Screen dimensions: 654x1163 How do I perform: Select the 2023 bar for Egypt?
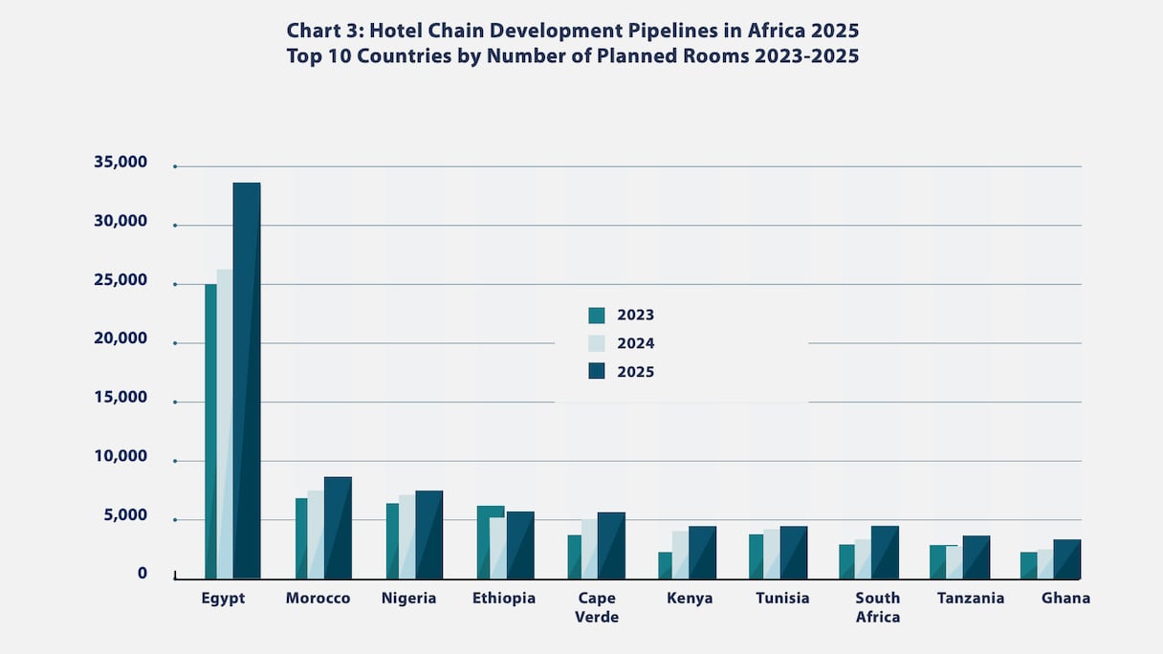click(210, 430)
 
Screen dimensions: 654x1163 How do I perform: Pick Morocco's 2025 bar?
click(338, 528)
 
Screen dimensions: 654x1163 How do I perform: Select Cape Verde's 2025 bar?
click(611, 545)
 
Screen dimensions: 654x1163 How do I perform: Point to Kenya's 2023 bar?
click(665, 565)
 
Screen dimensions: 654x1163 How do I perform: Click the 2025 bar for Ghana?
click(1067, 559)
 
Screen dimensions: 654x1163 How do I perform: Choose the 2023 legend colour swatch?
click(597, 316)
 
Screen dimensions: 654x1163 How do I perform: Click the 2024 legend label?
click(636, 343)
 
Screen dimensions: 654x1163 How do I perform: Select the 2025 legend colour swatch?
click(597, 371)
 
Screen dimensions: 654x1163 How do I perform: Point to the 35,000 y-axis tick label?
click(121, 163)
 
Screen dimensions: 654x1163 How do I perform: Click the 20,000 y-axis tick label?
click(121, 338)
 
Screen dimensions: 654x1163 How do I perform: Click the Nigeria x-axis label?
click(408, 599)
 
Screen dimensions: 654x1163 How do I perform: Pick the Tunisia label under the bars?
click(782, 599)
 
